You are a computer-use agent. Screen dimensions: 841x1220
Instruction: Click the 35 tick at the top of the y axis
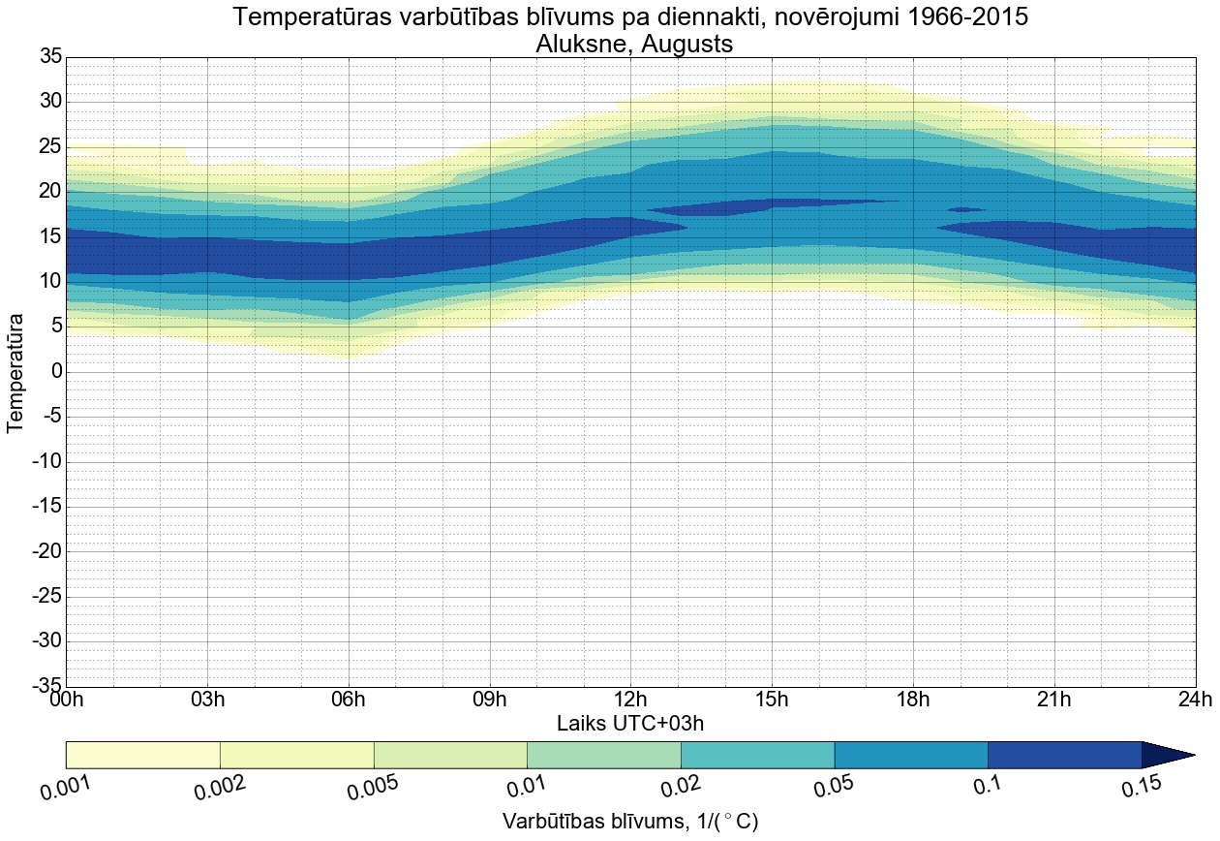click(x=49, y=57)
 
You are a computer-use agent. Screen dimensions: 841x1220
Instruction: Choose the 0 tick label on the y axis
click(x=56, y=372)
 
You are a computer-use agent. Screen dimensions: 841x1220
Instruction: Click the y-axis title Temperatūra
click(x=16, y=372)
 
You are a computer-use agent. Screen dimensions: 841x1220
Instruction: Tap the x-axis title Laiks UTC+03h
click(x=630, y=724)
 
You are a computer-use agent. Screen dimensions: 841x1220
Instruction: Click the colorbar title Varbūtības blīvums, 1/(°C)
click(x=630, y=822)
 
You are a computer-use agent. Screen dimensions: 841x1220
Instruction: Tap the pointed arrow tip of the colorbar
click(x=1187, y=755)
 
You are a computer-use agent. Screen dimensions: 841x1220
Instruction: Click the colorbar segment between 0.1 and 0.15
click(x=1064, y=755)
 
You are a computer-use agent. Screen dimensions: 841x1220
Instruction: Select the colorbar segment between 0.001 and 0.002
click(x=143, y=755)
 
